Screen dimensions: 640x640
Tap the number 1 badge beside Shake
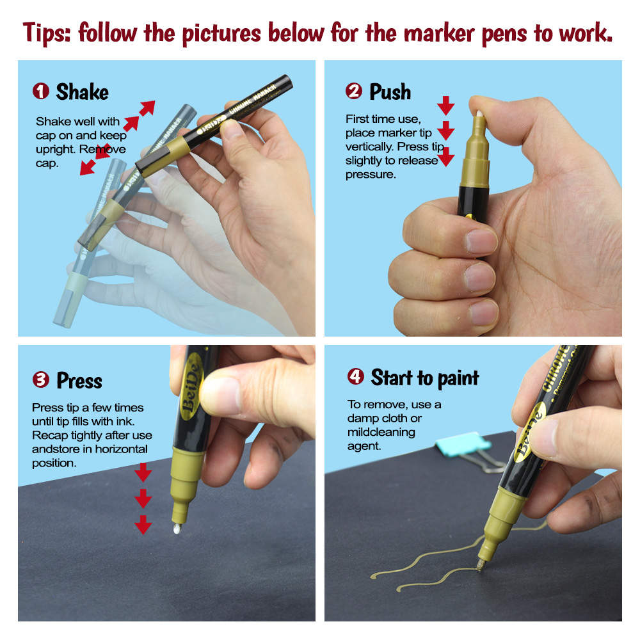[x=41, y=92]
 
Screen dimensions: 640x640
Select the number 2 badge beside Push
[x=354, y=92]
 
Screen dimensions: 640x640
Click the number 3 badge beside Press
[x=41, y=380]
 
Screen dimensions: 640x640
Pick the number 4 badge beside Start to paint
[x=356, y=376]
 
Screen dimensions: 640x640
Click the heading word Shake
[x=82, y=92]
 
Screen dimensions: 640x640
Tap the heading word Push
[x=390, y=92]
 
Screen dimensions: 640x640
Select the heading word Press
[x=79, y=381]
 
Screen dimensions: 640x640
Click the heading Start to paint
[x=424, y=378]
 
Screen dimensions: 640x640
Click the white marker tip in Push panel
[x=477, y=112]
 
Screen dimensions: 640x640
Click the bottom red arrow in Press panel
[x=143, y=525]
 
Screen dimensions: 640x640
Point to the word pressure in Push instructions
[x=371, y=175]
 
